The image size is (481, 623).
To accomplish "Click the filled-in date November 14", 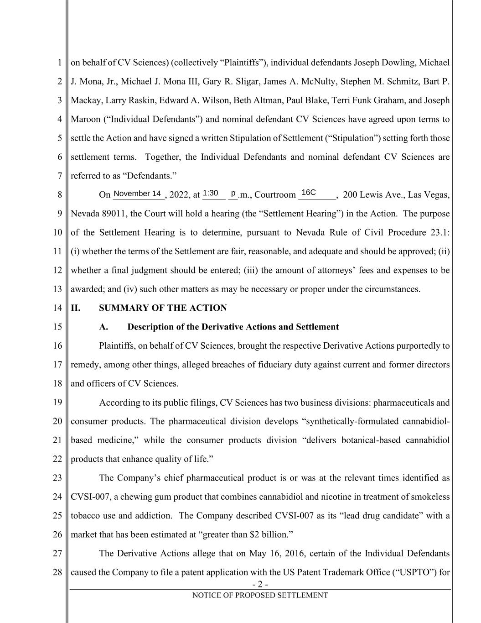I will click(137, 194).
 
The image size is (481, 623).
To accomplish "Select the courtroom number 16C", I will click(309, 193).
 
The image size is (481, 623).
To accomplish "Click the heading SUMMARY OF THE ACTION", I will click(163, 308).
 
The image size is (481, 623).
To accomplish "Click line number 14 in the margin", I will click(57, 308).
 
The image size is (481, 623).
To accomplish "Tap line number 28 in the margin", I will click(57, 572).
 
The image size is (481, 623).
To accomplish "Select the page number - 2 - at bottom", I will click(259, 585).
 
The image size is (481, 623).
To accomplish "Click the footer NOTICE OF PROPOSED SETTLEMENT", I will click(260, 595).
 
